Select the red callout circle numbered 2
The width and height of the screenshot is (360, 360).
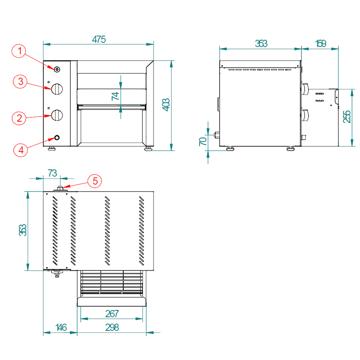[x=21, y=118]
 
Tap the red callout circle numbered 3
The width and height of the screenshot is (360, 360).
[x=21, y=81]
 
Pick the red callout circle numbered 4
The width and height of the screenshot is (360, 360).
[x=21, y=149]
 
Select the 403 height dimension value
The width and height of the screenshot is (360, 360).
[x=166, y=105]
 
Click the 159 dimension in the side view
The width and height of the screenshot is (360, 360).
[x=320, y=43]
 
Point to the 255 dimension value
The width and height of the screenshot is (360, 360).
[x=347, y=117]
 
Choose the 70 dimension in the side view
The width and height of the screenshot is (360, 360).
[x=203, y=141]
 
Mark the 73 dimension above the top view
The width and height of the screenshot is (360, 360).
[x=52, y=173]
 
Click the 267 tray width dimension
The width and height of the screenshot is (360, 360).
[x=112, y=314]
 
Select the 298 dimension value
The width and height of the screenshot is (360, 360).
[x=112, y=328]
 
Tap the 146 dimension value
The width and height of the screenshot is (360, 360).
[x=61, y=328]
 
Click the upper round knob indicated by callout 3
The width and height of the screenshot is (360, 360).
[x=57, y=88]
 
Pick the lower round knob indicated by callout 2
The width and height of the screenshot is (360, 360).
[x=57, y=115]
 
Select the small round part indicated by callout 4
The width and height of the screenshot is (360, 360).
[x=57, y=137]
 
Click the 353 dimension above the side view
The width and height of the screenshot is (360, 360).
[x=261, y=43]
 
